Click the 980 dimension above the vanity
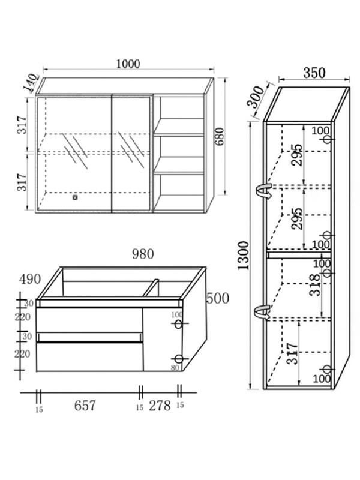coord(142,254)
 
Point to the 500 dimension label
coord(217,298)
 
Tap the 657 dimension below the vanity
coord(85,406)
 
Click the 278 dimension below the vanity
coord(159,406)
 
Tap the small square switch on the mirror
coord(76,195)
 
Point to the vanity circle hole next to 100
coord(178,324)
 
